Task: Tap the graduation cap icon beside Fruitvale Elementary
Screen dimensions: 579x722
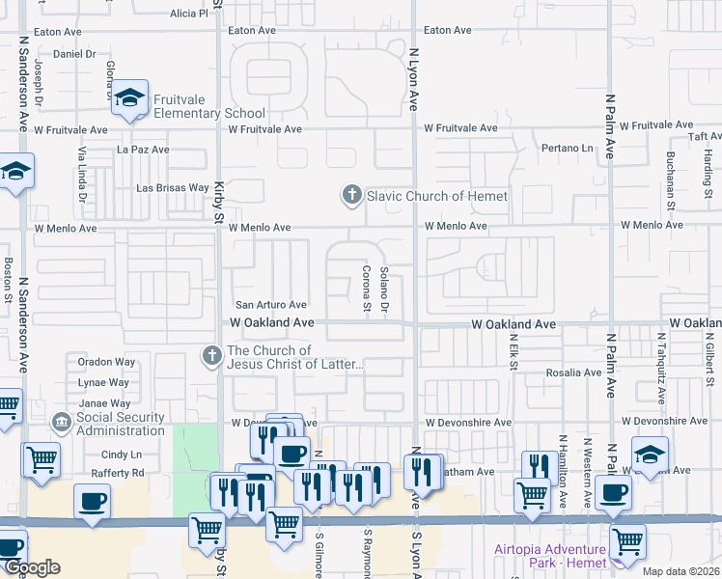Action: [x=129, y=98]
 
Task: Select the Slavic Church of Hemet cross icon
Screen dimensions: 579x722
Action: [x=351, y=196]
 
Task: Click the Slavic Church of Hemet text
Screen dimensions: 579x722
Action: [x=436, y=196]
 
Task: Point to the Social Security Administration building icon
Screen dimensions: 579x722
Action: [x=62, y=423]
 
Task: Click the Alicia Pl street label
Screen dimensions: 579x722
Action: [x=188, y=14]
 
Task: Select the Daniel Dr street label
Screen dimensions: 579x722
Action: [x=74, y=54]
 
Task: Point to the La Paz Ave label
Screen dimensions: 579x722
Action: [x=143, y=150]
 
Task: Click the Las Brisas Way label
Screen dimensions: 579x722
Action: [x=173, y=188]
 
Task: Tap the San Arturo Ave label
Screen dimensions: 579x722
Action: [x=271, y=305]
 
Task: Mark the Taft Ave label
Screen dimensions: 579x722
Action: [x=697, y=137]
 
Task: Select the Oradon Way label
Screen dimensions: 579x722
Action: [x=106, y=363]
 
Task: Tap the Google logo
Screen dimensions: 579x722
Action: [x=32, y=568]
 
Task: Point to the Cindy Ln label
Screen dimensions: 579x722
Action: [x=122, y=455]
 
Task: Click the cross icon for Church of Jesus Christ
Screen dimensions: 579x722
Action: [x=211, y=356]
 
